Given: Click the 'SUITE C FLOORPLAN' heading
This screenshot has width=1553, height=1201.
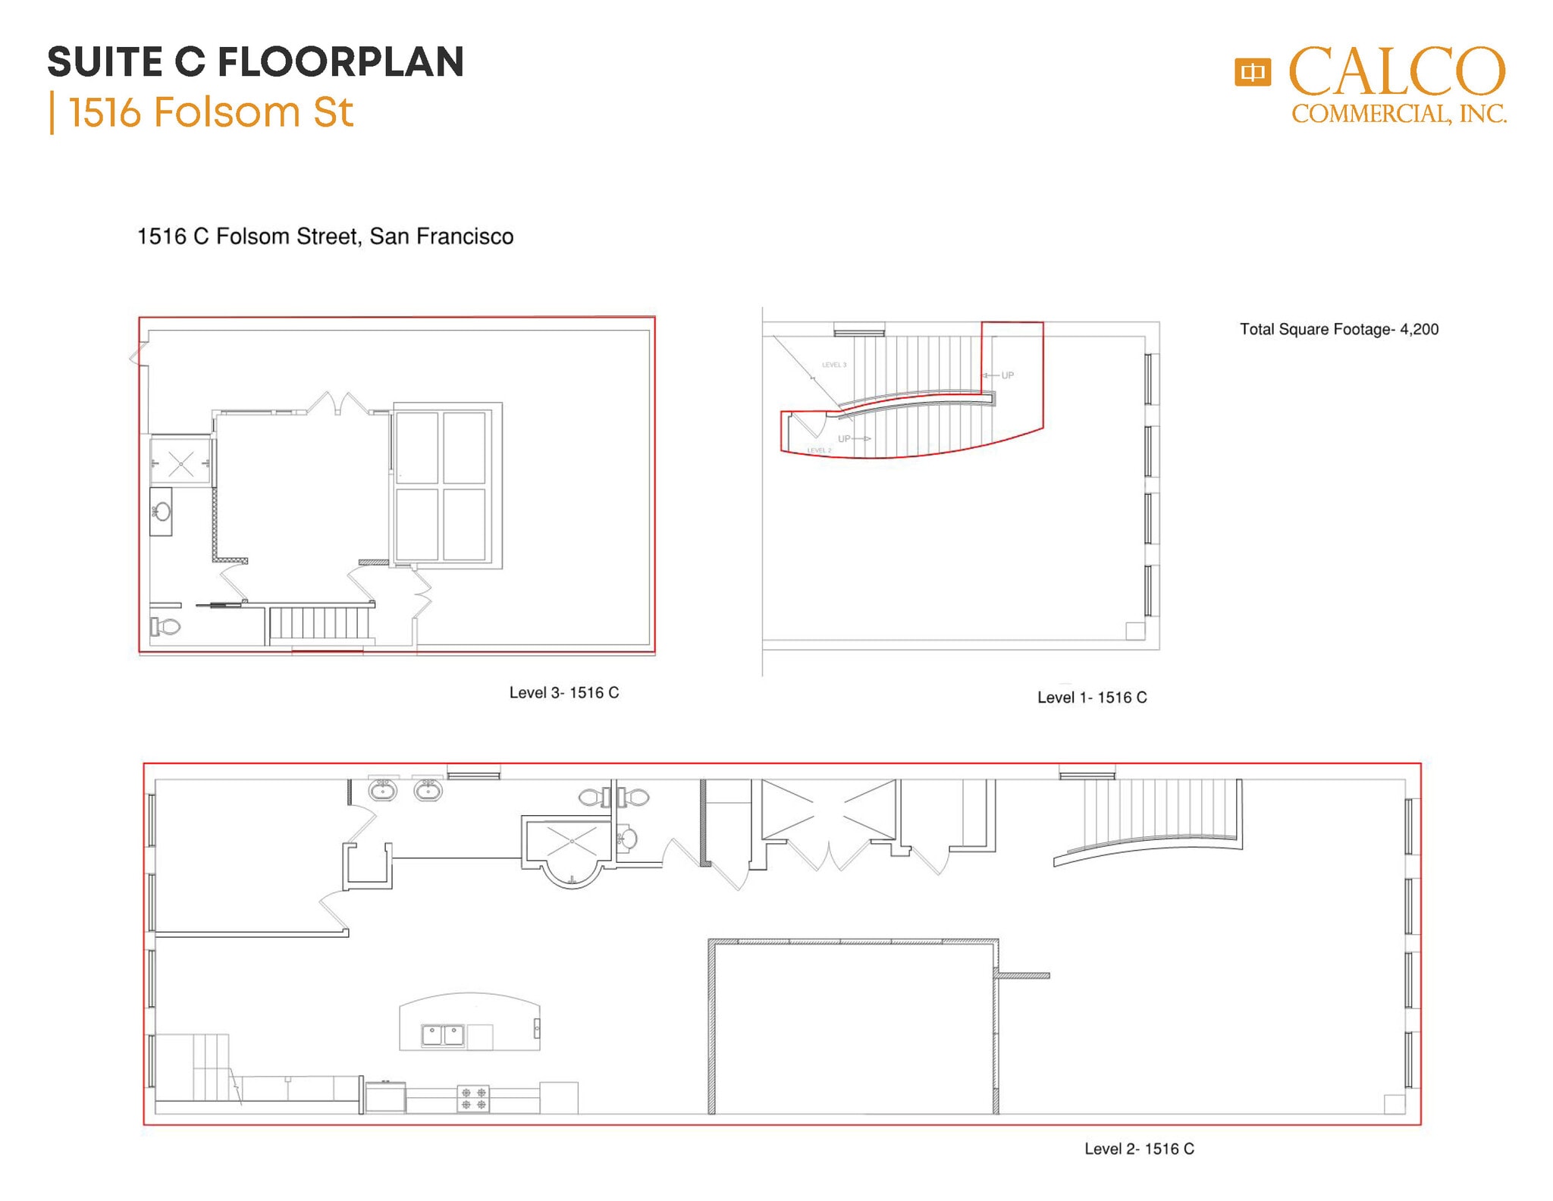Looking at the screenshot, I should tap(256, 62).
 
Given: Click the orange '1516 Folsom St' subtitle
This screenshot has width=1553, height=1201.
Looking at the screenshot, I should tap(210, 112).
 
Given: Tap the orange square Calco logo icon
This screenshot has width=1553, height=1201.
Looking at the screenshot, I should tap(1252, 73).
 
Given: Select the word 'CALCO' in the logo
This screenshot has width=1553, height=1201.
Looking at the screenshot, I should tap(1397, 72).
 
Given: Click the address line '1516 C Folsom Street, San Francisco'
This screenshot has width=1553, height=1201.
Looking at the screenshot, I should tap(325, 237).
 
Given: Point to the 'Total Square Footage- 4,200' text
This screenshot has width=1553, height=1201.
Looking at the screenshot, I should tap(1338, 329).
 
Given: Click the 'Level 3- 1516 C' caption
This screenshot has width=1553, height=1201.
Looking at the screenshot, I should tap(563, 692).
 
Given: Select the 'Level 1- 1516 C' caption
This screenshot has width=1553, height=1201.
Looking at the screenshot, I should tap(1092, 698).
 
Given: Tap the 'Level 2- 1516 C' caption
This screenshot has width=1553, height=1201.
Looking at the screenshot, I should tap(1139, 1149).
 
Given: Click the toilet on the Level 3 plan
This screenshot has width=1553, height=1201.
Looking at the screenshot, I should tap(167, 626).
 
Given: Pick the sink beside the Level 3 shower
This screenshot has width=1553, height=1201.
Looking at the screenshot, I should tap(162, 512).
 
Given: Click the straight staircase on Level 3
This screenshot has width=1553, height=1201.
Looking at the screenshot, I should tap(319, 623).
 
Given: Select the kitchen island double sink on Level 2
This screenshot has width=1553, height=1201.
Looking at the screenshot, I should tap(443, 1034).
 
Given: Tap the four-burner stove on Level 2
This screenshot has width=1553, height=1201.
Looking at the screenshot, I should tap(473, 1099).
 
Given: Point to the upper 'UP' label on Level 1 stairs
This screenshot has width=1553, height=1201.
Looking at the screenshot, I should tap(1006, 375).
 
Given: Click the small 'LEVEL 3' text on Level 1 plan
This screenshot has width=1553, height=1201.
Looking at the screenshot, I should tap(834, 365).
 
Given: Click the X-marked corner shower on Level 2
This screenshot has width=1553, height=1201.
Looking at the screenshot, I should tap(571, 840).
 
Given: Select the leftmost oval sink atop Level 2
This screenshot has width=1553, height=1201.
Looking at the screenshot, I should tap(382, 791).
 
